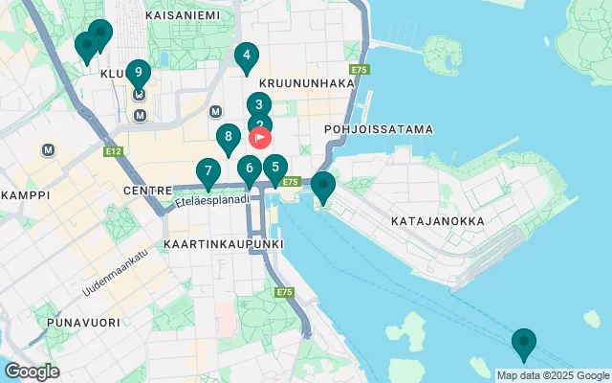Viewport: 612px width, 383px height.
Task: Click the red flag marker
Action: [x=261, y=137]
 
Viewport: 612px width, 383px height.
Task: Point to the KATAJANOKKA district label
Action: [x=438, y=221]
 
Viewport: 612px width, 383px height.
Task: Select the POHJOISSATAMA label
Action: [x=379, y=128]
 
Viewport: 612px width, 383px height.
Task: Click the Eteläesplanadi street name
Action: [x=212, y=200]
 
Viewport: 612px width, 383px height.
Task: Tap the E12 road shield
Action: [x=114, y=151]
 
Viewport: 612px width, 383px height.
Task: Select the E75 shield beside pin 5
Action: [x=292, y=181]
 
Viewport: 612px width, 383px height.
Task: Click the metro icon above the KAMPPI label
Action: [x=48, y=150]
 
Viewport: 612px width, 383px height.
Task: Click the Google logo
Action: [x=32, y=372]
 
